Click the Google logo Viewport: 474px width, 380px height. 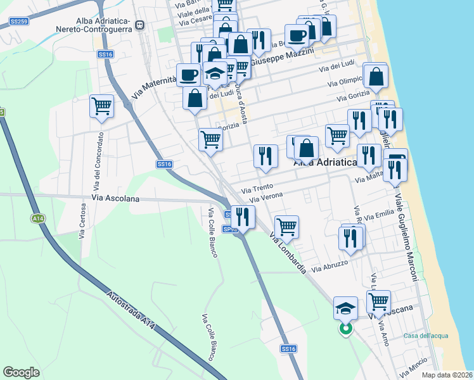pos(22,372)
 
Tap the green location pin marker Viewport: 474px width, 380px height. pos(346,329)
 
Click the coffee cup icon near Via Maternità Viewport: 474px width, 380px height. pos(188,75)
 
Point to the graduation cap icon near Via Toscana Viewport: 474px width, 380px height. pos(345,307)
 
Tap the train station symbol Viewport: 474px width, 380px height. pos(139,25)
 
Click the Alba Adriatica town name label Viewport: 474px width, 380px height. pos(325,163)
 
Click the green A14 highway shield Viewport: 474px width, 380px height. pos(37,218)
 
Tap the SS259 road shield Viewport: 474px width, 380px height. pos(19,22)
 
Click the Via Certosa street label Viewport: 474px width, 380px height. pos(83,220)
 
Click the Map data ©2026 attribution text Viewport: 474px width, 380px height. pos(447,375)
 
